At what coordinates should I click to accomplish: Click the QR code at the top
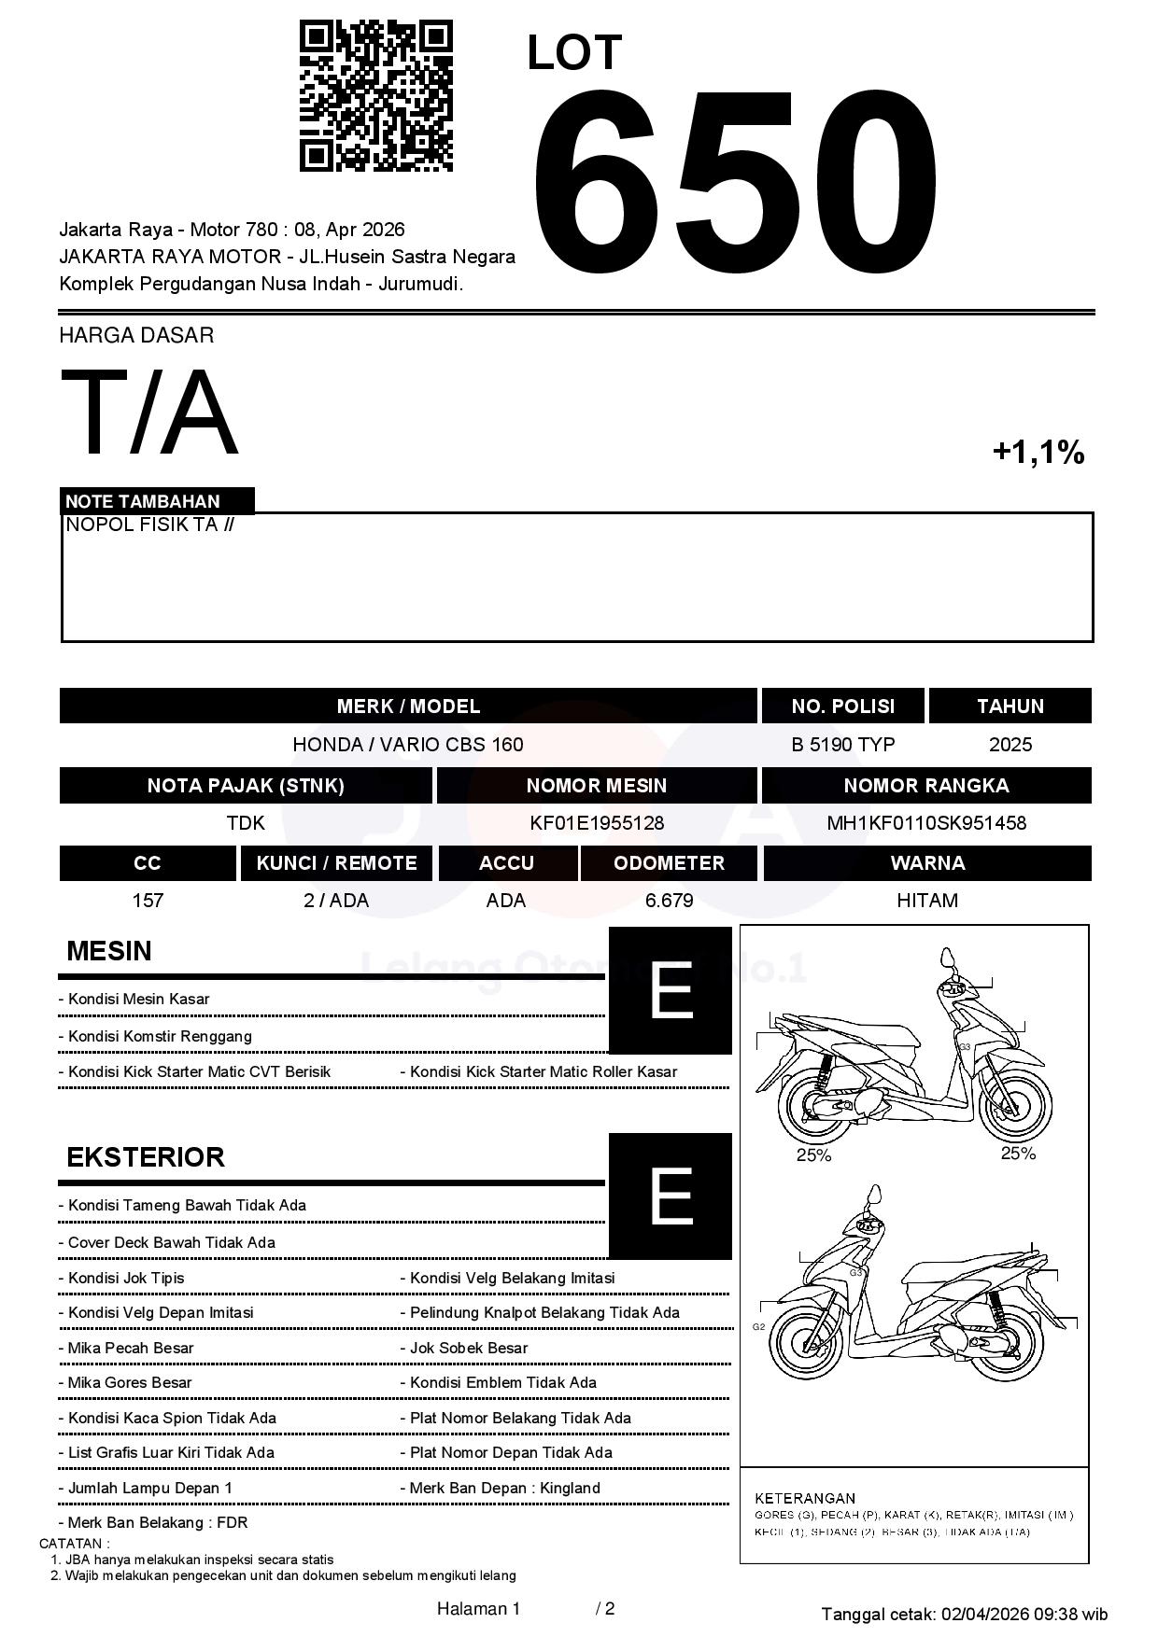(x=375, y=96)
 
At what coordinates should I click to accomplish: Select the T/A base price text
(x=149, y=413)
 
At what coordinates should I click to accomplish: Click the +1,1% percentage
(x=1038, y=453)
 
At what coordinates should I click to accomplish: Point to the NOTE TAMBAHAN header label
(x=143, y=501)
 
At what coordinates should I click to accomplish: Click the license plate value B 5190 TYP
(x=842, y=745)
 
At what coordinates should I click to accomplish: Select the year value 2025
(x=1010, y=745)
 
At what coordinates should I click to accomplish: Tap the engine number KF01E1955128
(x=597, y=823)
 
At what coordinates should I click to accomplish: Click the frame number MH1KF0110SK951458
(x=926, y=823)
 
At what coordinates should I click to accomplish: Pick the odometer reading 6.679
(x=669, y=901)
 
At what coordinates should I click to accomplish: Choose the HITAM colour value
(x=926, y=901)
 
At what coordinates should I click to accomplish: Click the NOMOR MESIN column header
(x=597, y=786)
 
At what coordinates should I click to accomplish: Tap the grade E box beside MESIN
(x=670, y=990)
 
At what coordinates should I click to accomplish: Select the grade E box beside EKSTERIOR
(x=670, y=1196)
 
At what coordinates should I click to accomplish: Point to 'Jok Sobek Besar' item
(x=469, y=1348)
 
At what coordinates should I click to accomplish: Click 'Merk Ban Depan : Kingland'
(x=504, y=1488)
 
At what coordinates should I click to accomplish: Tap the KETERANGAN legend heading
(x=805, y=1498)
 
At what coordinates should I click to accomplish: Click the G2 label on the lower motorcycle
(x=758, y=1326)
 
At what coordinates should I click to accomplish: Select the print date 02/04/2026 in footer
(x=984, y=1614)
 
